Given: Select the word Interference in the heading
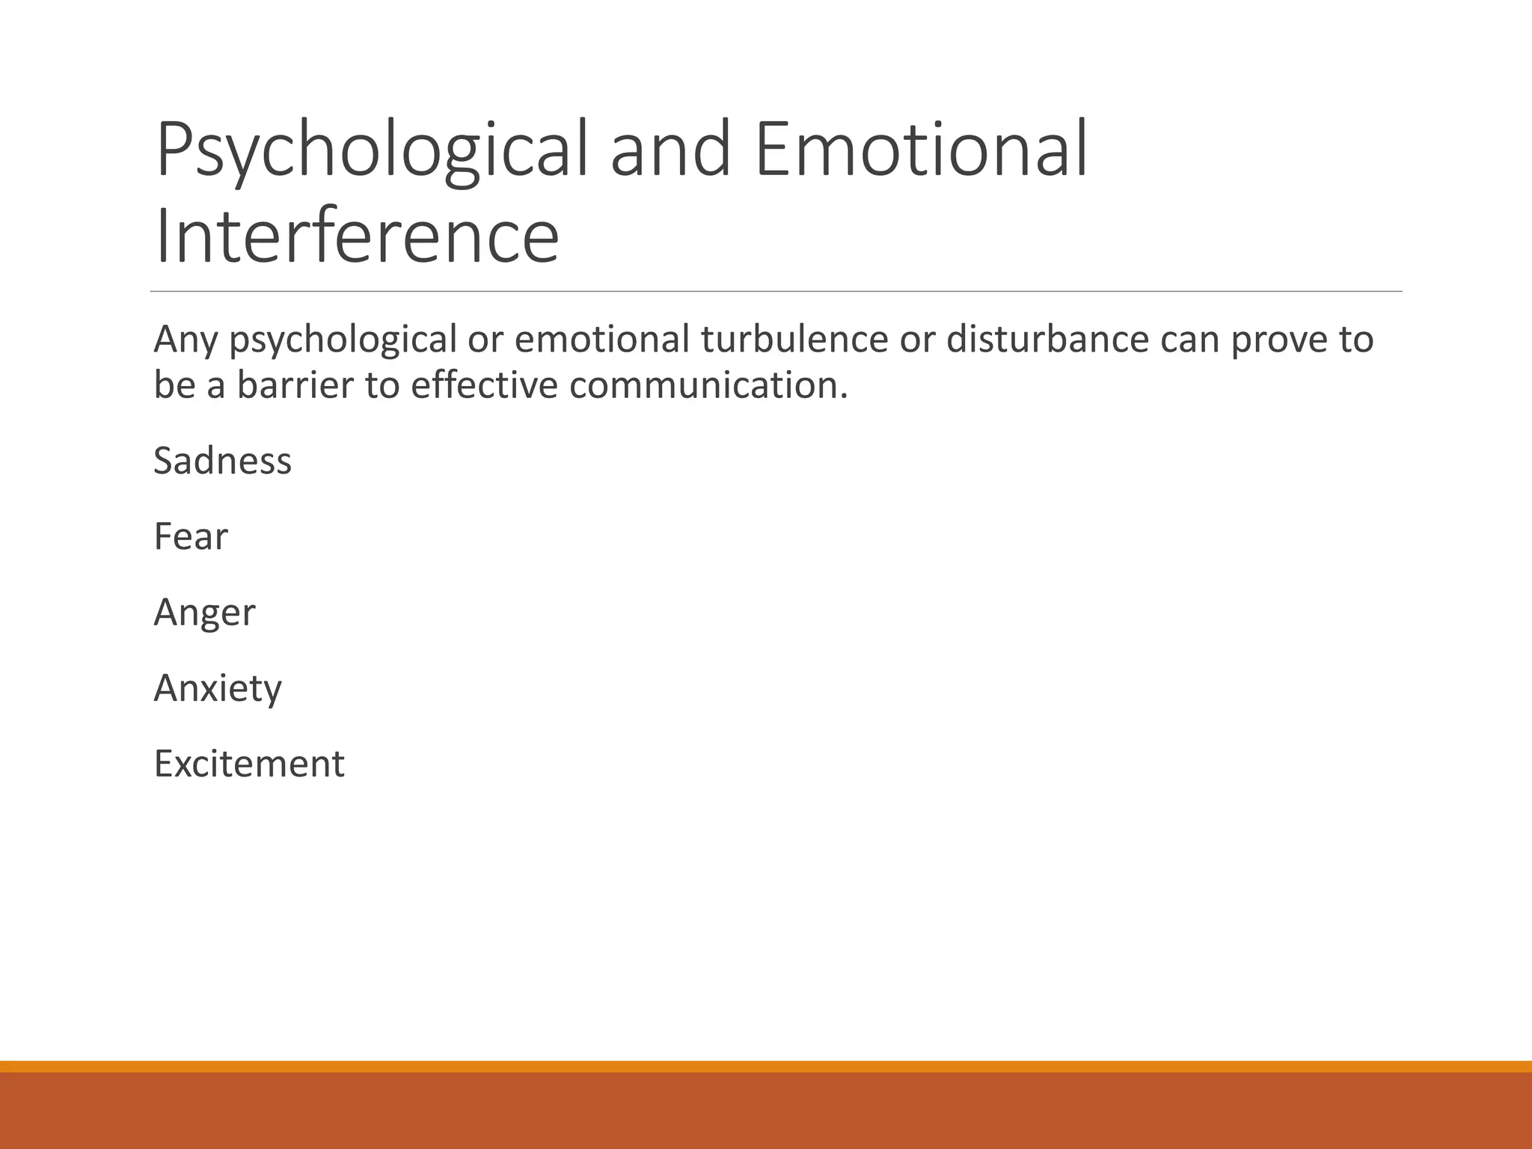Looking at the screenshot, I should coord(357,236).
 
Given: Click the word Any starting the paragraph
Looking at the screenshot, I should coord(185,340).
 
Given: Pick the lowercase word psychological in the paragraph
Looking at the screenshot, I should coord(342,340).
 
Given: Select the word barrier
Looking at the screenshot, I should coord(295,385).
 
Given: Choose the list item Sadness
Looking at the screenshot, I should coord(222,461).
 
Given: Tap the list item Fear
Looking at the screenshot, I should coord(190,536).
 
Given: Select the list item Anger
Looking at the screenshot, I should coord(204,613).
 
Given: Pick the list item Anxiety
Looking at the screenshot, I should coord(217,688).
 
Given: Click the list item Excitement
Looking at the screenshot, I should coord(248,764).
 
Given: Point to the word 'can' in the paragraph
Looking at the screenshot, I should coord(1189,340).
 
